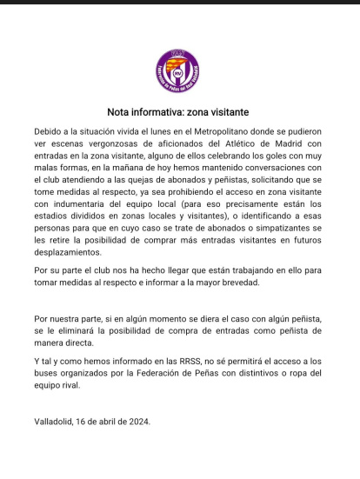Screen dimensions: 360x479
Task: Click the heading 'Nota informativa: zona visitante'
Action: point(178,112)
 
